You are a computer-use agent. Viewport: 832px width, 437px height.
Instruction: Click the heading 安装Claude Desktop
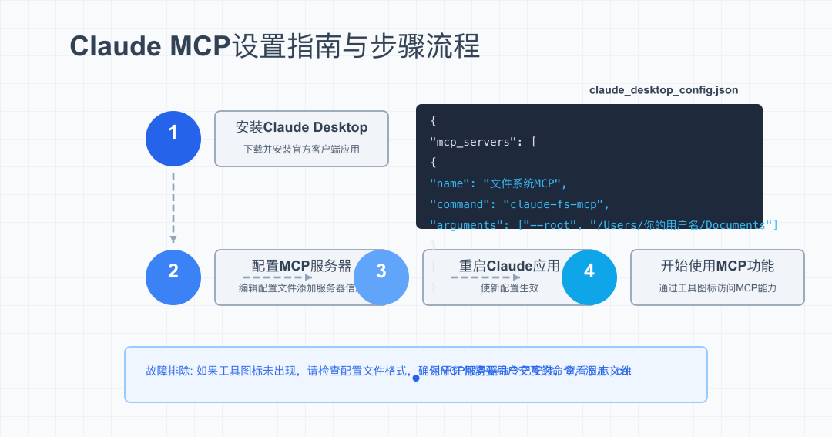301,127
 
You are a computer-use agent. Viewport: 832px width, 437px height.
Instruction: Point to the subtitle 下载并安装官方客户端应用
301,150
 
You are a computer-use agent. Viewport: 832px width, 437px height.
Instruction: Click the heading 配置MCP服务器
301,266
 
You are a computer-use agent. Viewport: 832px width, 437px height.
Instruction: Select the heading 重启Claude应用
509,266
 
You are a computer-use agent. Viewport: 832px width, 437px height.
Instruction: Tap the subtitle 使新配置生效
509,288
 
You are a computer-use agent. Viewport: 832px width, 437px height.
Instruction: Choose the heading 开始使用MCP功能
717,266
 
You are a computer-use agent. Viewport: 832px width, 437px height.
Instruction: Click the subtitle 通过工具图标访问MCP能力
717,288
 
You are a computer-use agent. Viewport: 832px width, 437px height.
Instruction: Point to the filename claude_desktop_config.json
663,90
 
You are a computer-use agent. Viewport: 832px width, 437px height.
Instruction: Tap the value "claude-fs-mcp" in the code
555,204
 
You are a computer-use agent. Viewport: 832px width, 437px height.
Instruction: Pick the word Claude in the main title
116,46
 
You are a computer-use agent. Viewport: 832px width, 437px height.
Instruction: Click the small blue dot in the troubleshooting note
416,378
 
